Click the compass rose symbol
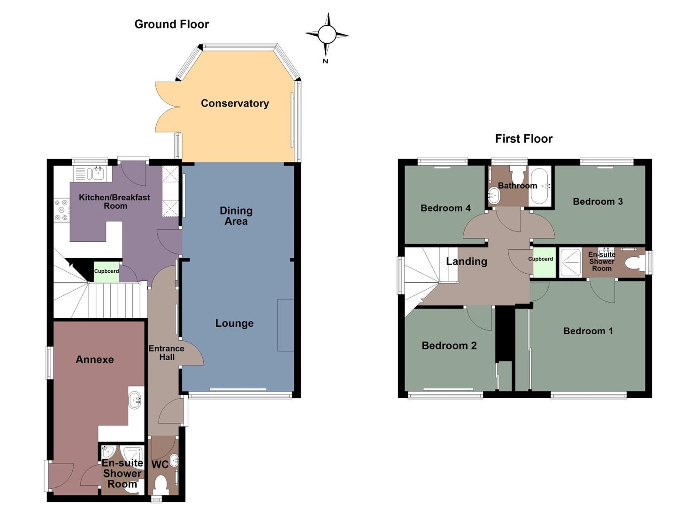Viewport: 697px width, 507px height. point(327,34)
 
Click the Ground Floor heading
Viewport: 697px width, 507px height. point(171,24)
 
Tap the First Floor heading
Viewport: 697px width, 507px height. point(524,138)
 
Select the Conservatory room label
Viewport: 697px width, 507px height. point(235,103)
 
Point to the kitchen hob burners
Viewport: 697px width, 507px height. point(61,210)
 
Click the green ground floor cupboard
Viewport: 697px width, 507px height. point(106,272)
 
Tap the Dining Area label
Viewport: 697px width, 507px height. point(236,216)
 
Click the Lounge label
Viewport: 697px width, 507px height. point(234,323)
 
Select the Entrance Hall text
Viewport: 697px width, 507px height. point(166,353)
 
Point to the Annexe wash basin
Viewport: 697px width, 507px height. point(136,400)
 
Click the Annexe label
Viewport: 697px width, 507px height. point(95,360)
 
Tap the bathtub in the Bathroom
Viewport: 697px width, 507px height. point(540,186)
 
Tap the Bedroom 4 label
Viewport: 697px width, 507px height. point(445,208)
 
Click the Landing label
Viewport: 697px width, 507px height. point(467,261)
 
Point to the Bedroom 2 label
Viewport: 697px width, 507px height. point(449,346)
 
